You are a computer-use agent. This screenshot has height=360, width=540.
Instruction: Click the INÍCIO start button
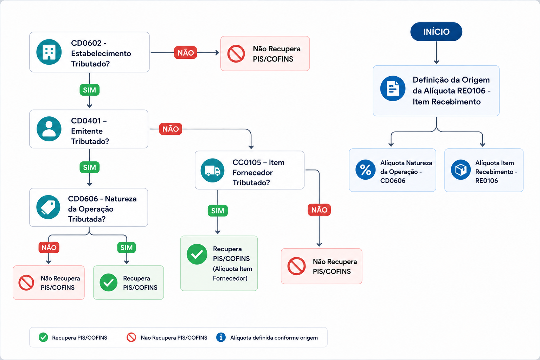pos(436,32)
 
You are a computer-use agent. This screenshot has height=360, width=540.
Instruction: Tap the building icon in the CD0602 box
pos(49,52)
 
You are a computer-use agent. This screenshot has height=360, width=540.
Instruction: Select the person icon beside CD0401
pos(49,129)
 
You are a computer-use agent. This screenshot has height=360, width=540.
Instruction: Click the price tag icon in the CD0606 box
pos(48,207)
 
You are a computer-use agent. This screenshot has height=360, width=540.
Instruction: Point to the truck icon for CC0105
pos(212,170)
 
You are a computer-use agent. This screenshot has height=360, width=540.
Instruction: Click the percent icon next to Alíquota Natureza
pos(366,170)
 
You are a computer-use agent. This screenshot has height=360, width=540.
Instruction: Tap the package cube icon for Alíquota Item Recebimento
pos(461,170)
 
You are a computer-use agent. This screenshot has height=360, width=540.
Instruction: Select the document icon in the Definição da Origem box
pos(393,89)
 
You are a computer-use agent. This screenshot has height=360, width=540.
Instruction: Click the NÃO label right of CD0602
pos(186,53)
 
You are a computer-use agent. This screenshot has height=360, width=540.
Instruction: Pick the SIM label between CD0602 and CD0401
pos(89,90)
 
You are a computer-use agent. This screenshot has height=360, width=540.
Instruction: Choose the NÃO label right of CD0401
pos(171,129)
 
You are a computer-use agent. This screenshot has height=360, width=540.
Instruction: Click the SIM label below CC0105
pos(218,211)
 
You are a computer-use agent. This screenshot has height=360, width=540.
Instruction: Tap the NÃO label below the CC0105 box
pos(319,210)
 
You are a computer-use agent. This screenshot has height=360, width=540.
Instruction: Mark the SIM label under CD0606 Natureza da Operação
pos(127,247)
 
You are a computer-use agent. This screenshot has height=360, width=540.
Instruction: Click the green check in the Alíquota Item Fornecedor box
pos(197,254)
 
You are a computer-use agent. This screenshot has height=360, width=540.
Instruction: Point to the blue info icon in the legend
pos(221,337)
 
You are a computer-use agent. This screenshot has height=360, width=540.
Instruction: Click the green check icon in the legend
pos(43,337)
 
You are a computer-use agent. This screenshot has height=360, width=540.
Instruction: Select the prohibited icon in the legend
pos(131,337)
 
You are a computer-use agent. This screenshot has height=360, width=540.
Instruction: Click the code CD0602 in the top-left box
pos(86,43)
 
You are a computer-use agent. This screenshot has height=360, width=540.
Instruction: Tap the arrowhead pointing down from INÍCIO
pos(436,62)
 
